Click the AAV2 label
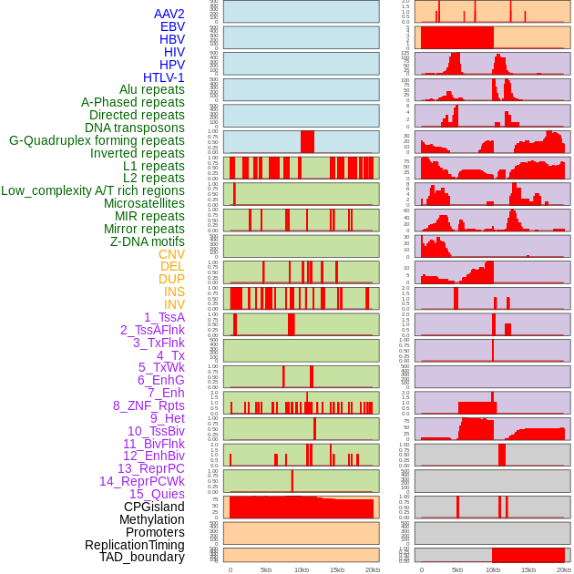(169, 14)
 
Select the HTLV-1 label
(163, 77)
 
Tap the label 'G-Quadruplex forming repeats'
(97, 140)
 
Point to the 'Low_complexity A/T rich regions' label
(93, 190)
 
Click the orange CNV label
(171, 254)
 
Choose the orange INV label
(174, 304)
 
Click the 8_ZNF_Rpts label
(149, 405)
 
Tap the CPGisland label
(154, 507)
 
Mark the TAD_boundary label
(142, 557)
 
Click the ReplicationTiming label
(135, 545)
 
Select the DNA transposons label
(135, 128)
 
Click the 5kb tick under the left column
(266, 569)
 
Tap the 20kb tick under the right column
(564, 569)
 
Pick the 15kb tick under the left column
(337, 569)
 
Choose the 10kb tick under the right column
(493, 569)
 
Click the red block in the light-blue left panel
(307, 142)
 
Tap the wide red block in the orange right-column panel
(456, 38)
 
